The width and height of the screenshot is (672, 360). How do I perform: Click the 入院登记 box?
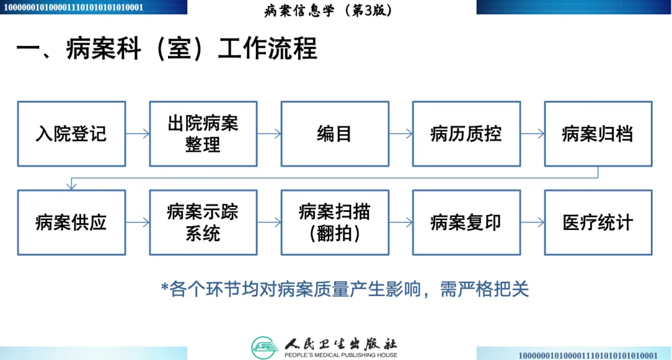point(72,134)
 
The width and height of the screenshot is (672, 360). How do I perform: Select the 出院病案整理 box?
point(203,134)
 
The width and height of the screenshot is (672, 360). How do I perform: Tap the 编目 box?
point(335,134)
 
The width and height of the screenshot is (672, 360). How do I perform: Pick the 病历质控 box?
point(466,134)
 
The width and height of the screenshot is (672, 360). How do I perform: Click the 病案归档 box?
point(598,134)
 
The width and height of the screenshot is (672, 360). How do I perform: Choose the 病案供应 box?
point(72,223)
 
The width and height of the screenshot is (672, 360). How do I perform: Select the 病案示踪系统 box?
point(203,223)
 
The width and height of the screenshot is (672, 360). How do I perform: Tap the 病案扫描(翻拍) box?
point(335,223)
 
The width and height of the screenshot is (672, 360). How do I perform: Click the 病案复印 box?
point(466,223)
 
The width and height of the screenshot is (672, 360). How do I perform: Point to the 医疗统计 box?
point(598,223)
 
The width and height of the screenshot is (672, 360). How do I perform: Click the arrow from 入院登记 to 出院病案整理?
point(138,134)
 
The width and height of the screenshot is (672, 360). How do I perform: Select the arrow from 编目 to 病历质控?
point(401,134)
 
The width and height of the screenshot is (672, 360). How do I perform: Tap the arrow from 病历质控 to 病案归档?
point(533,134)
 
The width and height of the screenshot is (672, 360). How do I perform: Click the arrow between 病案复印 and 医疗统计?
point(533,223)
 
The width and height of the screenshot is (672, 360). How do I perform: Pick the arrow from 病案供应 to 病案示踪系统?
point(138,223)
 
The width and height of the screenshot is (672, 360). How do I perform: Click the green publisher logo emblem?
point(264,347)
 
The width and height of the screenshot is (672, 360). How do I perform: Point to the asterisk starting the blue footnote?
point(165,288)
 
